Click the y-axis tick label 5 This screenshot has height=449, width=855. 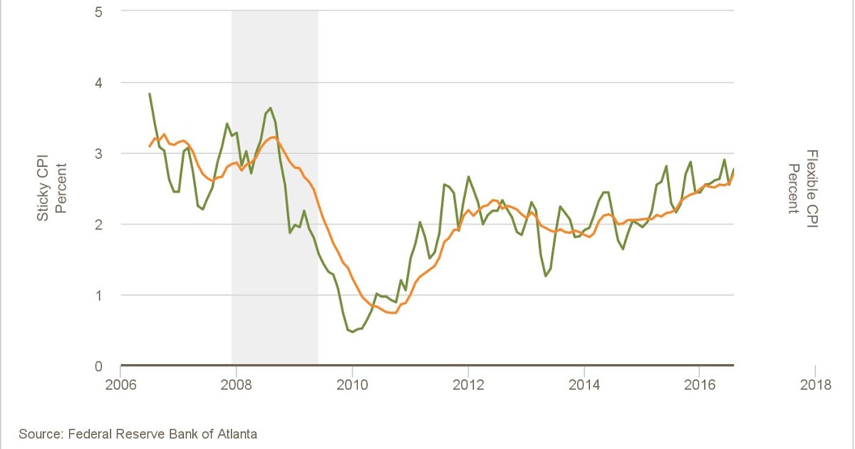coord(98,11)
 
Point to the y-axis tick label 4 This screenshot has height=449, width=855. coord(98,83)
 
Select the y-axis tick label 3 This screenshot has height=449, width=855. coord(98,153)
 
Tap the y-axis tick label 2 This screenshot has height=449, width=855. coord(98,224)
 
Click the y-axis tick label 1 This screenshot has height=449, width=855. coord(98,295)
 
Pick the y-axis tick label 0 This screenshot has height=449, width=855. coord(98,366)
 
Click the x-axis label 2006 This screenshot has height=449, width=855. coord(120,385)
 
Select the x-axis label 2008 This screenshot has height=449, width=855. coord(236,385)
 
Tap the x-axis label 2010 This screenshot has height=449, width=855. coord(352,385)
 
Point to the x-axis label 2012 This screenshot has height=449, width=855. coord(468,385)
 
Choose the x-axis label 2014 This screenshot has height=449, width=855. coord(584,385)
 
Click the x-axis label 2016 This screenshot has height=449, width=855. coord(700,385)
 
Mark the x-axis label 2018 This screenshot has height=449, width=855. coord(815,385)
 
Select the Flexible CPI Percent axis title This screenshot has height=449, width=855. coord(802,181)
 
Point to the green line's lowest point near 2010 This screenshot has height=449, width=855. coord(352,332)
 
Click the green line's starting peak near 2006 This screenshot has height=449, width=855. coord(150,93)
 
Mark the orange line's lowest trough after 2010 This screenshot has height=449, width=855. coord(392,313)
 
